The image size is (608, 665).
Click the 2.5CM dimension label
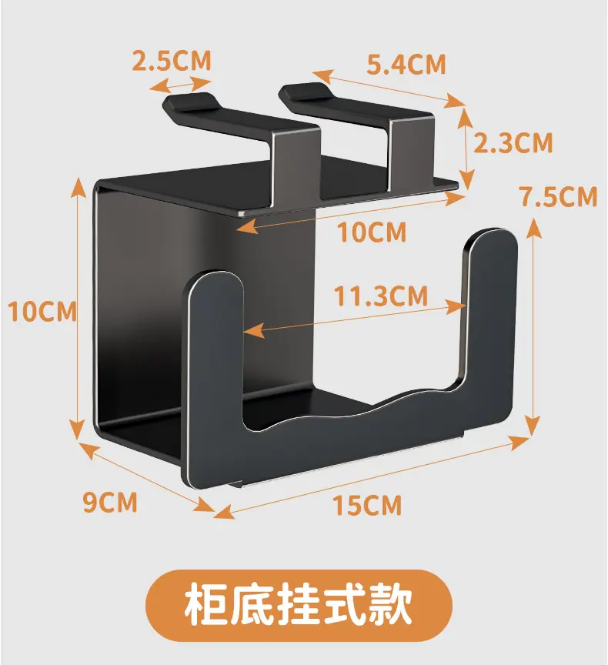[172, 61]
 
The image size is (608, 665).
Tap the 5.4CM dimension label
[406, 65]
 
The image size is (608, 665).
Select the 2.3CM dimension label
[513, 142]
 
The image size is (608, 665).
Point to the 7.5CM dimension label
[560, 196]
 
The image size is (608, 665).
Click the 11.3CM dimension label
[381, 296]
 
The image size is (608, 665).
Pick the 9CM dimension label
[110, 502]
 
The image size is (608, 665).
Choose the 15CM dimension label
[367, 505]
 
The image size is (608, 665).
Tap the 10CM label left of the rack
[42, 311]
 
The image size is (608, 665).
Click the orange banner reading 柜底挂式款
[299, 605]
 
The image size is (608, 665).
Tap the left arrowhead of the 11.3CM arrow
[253, 330]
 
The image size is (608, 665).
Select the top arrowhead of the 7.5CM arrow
[534, 227]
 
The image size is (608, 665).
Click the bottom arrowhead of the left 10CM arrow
[77, 429]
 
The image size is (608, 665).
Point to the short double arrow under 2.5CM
[180, 84]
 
